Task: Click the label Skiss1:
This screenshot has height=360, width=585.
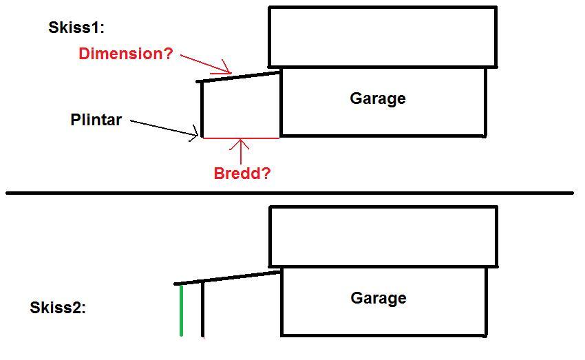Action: (76, 28)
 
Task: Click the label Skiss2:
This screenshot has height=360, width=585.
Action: (58, 308)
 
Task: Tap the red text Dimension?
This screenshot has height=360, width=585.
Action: (126, 54)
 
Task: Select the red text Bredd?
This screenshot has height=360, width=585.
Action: (242, 173)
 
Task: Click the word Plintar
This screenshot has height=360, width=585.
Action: (96, 120)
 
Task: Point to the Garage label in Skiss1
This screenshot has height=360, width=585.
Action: (378, 99)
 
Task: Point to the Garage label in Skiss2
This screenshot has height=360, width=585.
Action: (379, 299)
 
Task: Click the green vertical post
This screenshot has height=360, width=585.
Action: (181, 310)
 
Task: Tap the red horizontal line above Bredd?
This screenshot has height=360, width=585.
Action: (241, 138)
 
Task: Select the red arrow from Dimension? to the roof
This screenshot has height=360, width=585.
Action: (206, 64)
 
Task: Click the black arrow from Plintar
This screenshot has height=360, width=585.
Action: (164, 128)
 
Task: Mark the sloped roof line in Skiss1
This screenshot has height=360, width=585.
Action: (238, 77)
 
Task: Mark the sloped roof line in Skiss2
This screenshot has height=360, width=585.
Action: (228, 278)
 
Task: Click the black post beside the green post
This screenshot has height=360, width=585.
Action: (202, 309)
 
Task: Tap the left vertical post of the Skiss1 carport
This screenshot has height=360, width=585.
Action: (202, 109)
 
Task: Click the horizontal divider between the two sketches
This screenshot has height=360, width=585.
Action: (290, 193)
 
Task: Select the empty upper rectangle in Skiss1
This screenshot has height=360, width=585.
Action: (383, 8)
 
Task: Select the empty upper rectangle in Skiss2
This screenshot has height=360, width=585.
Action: (383, 207)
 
